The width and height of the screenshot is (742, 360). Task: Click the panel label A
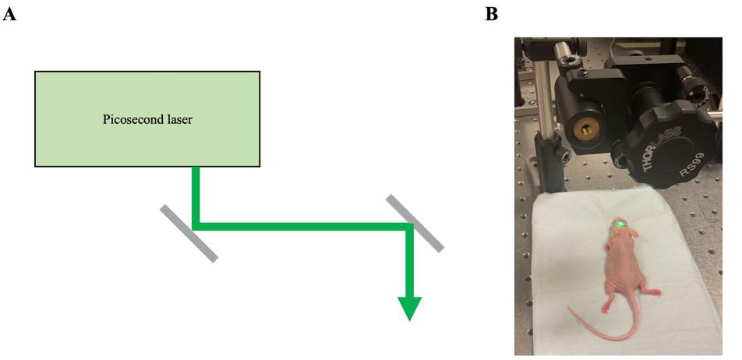coord(9,15)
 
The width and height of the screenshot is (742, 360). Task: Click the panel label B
coord(492,15)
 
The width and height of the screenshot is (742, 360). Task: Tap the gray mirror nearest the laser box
coord(189,233)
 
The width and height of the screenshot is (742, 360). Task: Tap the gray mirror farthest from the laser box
coord(415,223)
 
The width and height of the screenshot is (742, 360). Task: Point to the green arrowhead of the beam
coord(409,309)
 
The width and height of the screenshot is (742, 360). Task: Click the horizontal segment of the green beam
coord(303,227)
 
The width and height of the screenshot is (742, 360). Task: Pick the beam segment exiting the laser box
coord(196,196)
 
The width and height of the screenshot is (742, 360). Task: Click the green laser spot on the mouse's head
coord(620,222)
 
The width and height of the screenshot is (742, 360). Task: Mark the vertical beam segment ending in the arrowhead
coord(410,262)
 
